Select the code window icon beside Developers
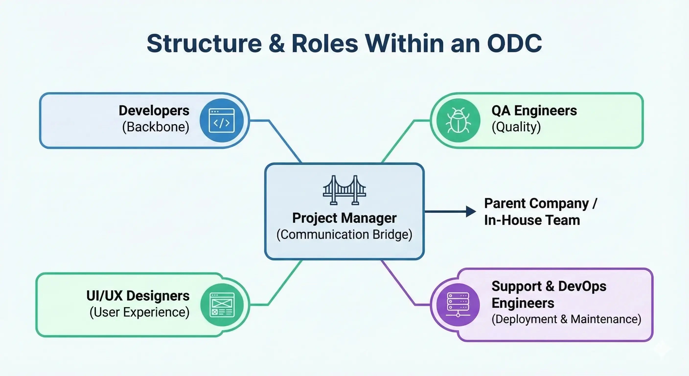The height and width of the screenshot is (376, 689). tap(221, 120)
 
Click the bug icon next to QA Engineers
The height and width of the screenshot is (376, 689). tap(458, 120)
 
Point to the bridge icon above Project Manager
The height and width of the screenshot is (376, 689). tap(344, 190)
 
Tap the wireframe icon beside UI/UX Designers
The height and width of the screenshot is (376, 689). tap(222, 305)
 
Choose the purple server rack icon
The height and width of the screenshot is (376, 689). tap(458, 305)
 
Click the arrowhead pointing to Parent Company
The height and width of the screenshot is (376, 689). tap(471, 211)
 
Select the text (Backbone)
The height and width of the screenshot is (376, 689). tap(156, 127)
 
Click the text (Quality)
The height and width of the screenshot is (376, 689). tap(516, 127)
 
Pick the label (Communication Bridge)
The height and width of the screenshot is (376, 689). tap(344, 235)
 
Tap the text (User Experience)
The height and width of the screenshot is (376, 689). tap(139, 312)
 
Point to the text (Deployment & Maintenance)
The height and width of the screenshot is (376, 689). tap(566, 319)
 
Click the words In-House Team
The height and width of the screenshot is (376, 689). tap(532, 220)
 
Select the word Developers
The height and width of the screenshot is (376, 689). tap(154, 111)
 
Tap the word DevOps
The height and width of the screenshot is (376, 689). tap(582, 286)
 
